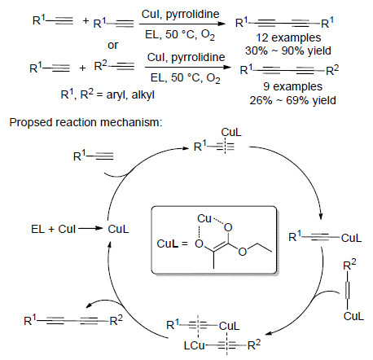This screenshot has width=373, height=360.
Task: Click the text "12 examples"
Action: tap(288, 37)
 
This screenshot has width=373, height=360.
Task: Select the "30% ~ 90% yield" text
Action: tap(288, 50)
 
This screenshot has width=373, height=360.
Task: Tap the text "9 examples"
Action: tap(292, 86)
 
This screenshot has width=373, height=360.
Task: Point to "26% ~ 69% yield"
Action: tap(292, 100)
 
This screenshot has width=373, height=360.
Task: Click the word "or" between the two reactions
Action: tap(112, 46)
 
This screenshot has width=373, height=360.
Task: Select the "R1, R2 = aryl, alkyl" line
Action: tap(108, 94)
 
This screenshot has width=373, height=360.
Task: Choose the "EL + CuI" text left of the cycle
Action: tap(53, 229)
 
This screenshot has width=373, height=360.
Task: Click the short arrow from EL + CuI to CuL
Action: tap(90, 229)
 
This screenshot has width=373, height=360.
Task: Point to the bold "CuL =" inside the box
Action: tap(172, 244)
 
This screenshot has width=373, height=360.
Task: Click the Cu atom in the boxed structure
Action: tap(204, 218)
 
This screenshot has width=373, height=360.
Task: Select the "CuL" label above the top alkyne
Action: tap(230, 132)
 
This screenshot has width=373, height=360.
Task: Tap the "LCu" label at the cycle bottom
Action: tap(194, 345)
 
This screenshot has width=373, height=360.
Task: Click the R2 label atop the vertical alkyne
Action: tap(349, 264)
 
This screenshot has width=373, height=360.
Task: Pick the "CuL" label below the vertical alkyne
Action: tap(353, 316)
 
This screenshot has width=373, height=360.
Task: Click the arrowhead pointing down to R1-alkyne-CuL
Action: tap(321, 217)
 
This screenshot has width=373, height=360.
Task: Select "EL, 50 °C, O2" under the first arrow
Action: tap(180, 35)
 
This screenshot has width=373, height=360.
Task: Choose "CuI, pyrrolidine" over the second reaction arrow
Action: tap(186, 57)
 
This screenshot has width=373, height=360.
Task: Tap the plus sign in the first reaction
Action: tap(86, 20)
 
